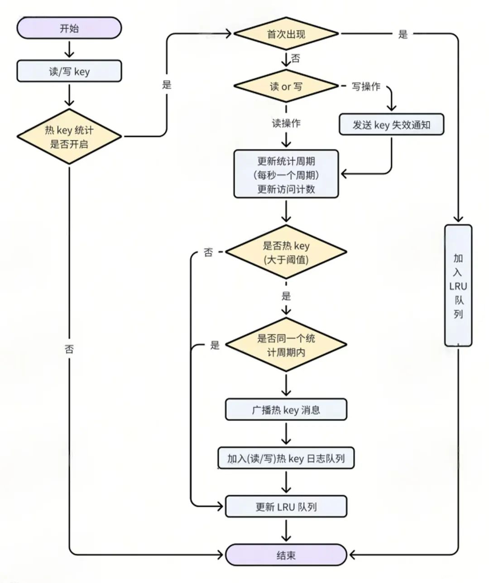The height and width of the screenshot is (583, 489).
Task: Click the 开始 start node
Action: tap(69, 28)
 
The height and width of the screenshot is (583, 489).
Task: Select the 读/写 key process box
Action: tap(69, 71)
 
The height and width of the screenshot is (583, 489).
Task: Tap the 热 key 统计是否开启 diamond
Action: tap(69, 137)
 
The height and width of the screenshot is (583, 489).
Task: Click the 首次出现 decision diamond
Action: tap(286, 33)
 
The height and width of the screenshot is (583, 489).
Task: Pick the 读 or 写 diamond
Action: tap(286, 86)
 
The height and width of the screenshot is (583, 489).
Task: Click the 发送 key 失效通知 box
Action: tap(391, 124)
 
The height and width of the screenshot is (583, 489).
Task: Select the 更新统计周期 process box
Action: tap(286, 174)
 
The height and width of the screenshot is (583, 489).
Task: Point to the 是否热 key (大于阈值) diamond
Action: tap(286, 252)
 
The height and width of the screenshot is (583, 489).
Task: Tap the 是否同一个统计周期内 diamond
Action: tap(286, 345)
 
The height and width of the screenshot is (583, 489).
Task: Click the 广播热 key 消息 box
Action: tap(286, 410)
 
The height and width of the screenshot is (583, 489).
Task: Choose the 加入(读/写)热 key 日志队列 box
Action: tap(286, 458)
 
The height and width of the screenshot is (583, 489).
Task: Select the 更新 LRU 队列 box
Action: tap(286, 507)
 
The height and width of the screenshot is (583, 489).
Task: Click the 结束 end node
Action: tap(286, 555)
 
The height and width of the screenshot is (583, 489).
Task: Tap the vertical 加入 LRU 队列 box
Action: tap(458, 286)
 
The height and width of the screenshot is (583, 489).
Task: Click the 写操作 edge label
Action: tap(366, 86)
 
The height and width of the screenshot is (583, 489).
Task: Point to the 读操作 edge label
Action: tap(286, 123)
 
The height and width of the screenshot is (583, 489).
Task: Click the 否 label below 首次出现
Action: tap(296, 58)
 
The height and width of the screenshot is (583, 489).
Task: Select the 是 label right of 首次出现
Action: tap(403, 34)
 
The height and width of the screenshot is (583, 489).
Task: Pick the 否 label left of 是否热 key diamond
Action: tap(208, 252)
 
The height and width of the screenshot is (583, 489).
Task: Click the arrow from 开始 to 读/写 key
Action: tap(69, 49)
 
